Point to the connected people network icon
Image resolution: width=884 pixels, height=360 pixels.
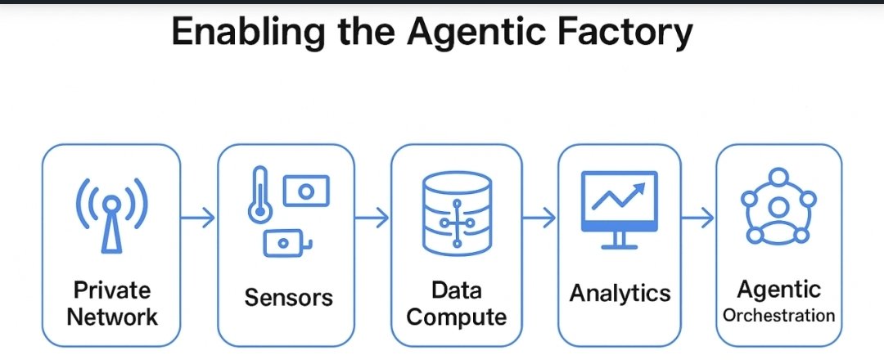[x=778, y=208]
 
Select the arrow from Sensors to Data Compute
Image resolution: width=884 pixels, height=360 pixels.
[x=372, y=218]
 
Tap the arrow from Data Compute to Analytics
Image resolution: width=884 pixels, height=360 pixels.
[x=539, y=218]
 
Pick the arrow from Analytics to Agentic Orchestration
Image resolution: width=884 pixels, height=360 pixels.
[x=697, y=218]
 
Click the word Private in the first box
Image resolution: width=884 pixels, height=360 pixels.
[x=111, y=290]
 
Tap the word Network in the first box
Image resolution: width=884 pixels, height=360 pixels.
[x=111, y=317]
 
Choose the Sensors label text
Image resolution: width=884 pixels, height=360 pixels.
[x=288, y=297]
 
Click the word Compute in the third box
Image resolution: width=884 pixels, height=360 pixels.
[x=456, y=317]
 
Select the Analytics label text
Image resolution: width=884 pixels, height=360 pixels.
[x=620, y=293]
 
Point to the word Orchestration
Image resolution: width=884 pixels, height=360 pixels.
[x=778, y=316]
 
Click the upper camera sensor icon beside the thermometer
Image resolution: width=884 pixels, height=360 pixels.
[x=305, y=191]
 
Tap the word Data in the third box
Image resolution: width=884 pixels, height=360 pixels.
[x=456, y=290]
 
